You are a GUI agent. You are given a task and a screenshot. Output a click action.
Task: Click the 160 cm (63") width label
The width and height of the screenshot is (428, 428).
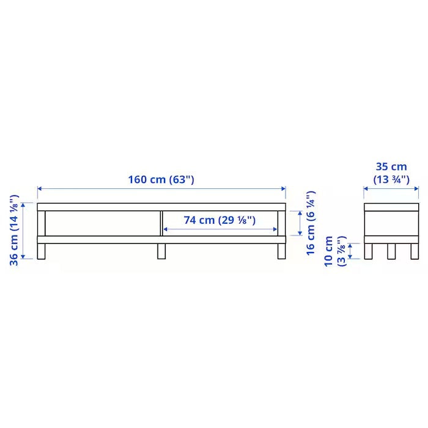point(161,180)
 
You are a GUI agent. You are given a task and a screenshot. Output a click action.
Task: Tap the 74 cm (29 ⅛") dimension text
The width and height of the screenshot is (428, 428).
point(220,220)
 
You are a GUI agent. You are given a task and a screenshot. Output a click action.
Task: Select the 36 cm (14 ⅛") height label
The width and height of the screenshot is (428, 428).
point(14,230)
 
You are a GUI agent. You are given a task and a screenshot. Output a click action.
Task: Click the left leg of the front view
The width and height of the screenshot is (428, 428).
point(42,251)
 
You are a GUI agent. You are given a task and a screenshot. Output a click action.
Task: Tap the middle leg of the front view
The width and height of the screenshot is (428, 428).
point(161,251)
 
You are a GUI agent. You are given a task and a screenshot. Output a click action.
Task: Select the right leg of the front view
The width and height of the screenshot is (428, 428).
point(281,251)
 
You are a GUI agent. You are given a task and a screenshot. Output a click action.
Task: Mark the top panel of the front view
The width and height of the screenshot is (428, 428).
point(161,207)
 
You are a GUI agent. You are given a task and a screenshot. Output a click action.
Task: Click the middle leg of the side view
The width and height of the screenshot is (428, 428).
point(391,251)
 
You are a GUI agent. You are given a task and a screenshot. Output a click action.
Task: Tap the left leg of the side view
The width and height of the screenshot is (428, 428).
point(369,251)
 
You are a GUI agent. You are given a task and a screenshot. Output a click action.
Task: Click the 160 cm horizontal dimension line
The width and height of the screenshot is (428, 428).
point(92,189)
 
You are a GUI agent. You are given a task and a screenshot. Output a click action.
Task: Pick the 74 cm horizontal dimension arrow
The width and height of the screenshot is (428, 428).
point(183,229)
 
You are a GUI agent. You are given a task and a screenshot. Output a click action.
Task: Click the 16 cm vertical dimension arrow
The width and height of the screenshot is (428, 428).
point(299,223)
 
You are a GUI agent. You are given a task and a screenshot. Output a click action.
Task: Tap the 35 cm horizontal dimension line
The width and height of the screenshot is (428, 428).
point(391,189)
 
